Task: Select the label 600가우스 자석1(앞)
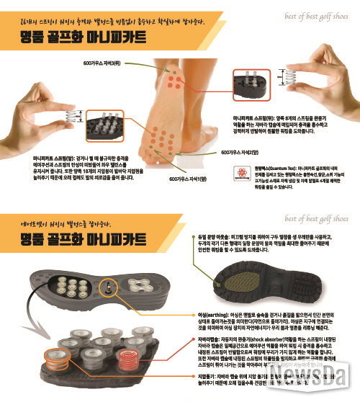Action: click(189, 179)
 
